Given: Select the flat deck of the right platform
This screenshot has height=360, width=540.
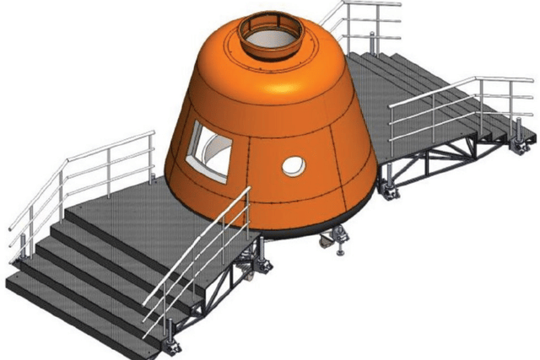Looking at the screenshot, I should pos(422,110).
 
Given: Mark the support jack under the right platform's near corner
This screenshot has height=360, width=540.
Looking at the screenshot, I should pos(391,192).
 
